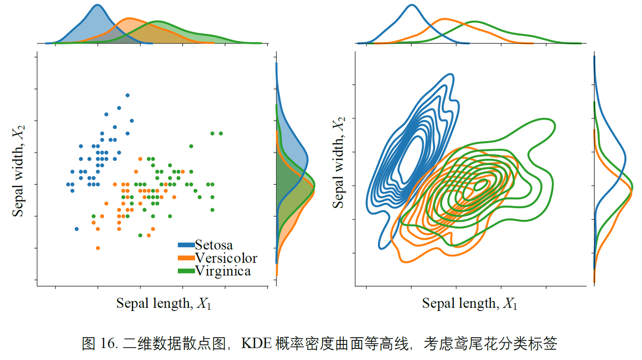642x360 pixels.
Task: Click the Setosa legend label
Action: (214, 245)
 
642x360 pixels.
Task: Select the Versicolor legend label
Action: (226, 258)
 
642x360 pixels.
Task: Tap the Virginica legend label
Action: (223, 270)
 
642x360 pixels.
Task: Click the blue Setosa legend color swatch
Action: (186, 245)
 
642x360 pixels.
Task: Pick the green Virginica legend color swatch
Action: (186, 270)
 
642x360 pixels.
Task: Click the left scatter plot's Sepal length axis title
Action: (164, 303)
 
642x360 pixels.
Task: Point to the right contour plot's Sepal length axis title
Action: (469, 303)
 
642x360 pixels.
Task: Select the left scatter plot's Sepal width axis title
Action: (18, 172)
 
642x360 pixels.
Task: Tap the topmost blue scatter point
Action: (128, 95)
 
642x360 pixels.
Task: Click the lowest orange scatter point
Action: (98, 248)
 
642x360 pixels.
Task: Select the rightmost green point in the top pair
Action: (221, 133)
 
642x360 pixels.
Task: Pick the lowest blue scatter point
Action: (77, 229)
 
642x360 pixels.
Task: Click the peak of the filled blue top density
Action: (98, 5)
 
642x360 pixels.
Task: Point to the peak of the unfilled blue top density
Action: (412, 5)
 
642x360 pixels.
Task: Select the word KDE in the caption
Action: (255, 344)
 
